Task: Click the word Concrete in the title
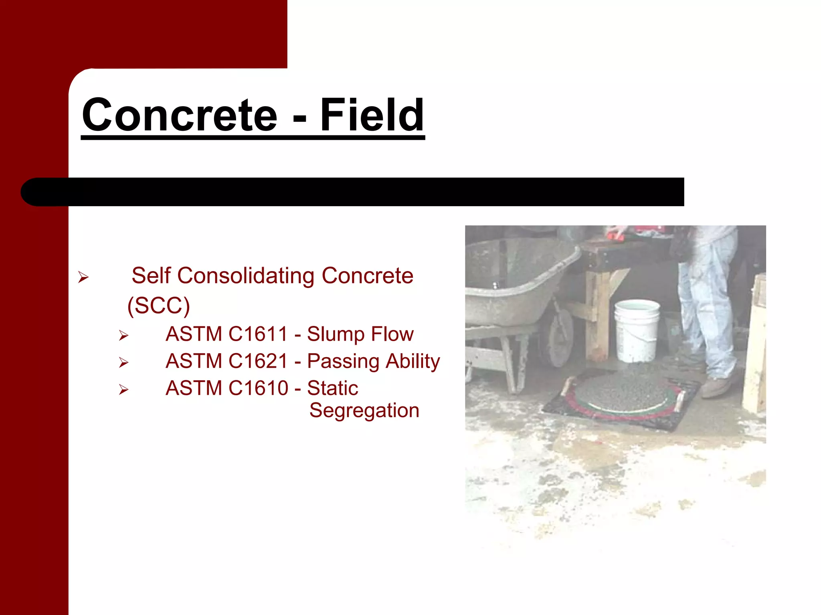(x=180, y=115)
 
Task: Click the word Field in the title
(x=372, y=115)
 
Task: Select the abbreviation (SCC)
(x=158, y=305)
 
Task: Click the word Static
(x=332, y=388)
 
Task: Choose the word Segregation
(x=364, y=410)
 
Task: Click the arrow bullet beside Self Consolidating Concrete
(x=83, y=277)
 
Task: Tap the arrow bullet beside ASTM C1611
(x=123, y=336)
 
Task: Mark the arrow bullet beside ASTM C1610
(x=123, y=390)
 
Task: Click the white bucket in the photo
(x=637, y=330)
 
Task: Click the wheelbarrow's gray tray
(x=517, y=280)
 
